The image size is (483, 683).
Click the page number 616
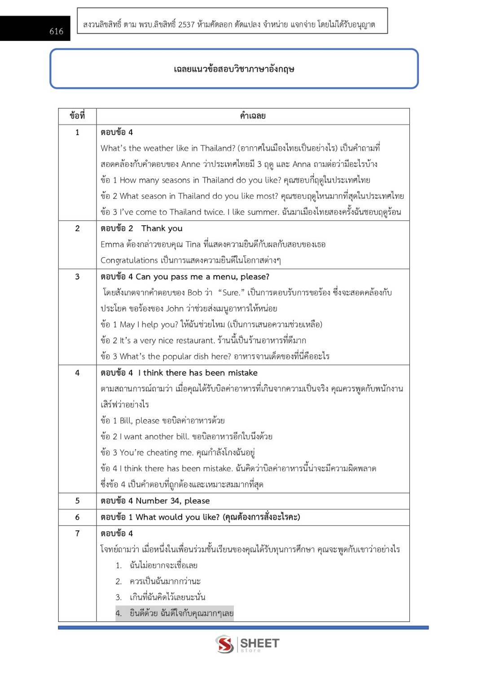pos(57,31)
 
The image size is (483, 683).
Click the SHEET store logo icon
pos(224,644)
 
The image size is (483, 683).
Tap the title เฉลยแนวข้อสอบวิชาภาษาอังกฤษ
pos(234,69)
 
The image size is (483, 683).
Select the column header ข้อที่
pos(77,116)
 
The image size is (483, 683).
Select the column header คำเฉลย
pos(253,116)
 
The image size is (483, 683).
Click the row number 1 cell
pos(77,132)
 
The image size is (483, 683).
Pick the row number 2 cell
pos(77,228)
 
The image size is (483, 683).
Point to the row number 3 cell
pos(77,276)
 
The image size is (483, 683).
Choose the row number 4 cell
pos(77,372)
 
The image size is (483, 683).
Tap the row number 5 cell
pos(77,501)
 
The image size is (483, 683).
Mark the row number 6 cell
pos(77,517)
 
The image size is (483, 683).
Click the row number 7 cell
pos(77,533)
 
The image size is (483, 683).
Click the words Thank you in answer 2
pos(162,228)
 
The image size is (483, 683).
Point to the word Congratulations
pos(129,260)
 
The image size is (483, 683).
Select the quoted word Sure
pos(231,293)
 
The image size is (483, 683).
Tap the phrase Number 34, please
pos(173,501)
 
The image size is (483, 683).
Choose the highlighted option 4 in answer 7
pos(175,613)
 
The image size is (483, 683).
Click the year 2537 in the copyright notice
pos(186,24)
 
